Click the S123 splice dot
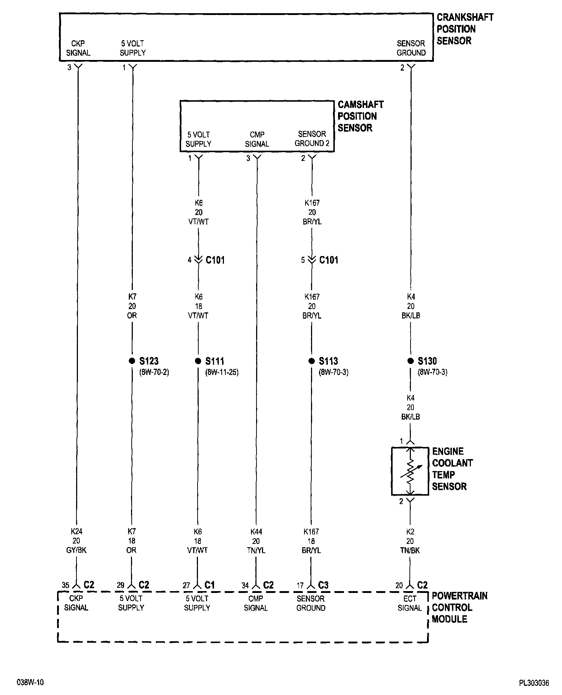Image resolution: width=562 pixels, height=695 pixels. click(x=132, y=361)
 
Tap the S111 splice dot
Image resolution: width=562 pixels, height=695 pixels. click(x=198, y=361)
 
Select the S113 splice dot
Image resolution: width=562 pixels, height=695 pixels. click(x=311, y=361)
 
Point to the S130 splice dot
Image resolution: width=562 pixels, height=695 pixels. click(x=410, y=361)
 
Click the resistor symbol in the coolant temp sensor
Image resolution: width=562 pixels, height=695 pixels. click(x=410, y=471)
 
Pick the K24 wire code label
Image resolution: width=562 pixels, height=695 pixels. click(x=76, y=531)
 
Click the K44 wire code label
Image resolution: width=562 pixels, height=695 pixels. click(x=256, y=531)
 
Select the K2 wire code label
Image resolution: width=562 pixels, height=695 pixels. click(x=410, y=531)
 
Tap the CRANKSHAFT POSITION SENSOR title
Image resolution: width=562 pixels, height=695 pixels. click(x=465, y=29)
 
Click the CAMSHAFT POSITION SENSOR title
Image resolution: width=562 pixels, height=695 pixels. click(x=360, y=116)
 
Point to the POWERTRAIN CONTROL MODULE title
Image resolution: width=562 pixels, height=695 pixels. click(x=460, y=607)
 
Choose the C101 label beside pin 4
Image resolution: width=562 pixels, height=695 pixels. click(x=215, y=260)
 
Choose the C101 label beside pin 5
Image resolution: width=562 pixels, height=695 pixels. click(x=329, y=260)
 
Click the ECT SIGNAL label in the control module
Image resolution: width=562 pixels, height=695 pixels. click(x=410, y=603)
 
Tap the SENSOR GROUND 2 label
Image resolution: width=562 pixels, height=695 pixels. click(x=312, y=139)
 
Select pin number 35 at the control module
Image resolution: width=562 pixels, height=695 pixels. click(x=65, y=585)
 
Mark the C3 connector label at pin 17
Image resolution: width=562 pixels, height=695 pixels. click(x=323, y=585)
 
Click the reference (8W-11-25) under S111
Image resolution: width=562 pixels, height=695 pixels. click(x=222, y=373)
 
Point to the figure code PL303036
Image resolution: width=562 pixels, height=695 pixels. click(x=534, y=683)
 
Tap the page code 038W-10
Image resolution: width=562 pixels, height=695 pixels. click(x=30, y=682)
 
